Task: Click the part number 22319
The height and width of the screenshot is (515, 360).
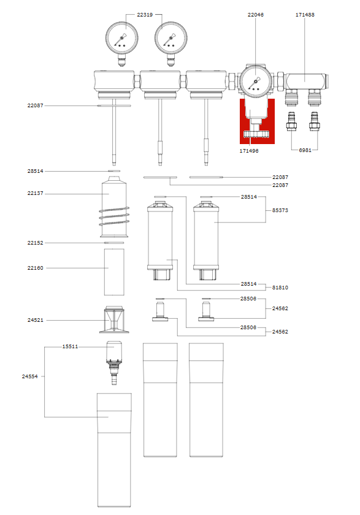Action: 145,14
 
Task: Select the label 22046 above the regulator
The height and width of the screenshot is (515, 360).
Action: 256,14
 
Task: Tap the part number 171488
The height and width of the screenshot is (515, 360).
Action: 305,14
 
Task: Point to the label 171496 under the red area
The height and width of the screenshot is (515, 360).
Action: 248,150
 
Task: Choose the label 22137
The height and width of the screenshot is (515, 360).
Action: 35,194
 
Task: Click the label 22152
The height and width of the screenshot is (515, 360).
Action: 35,243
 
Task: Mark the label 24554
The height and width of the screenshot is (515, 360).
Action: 30,376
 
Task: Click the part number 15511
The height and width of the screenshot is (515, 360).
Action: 70,346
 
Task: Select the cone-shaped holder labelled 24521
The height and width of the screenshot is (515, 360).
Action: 114,319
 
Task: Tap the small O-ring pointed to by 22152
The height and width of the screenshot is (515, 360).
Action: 114,243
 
